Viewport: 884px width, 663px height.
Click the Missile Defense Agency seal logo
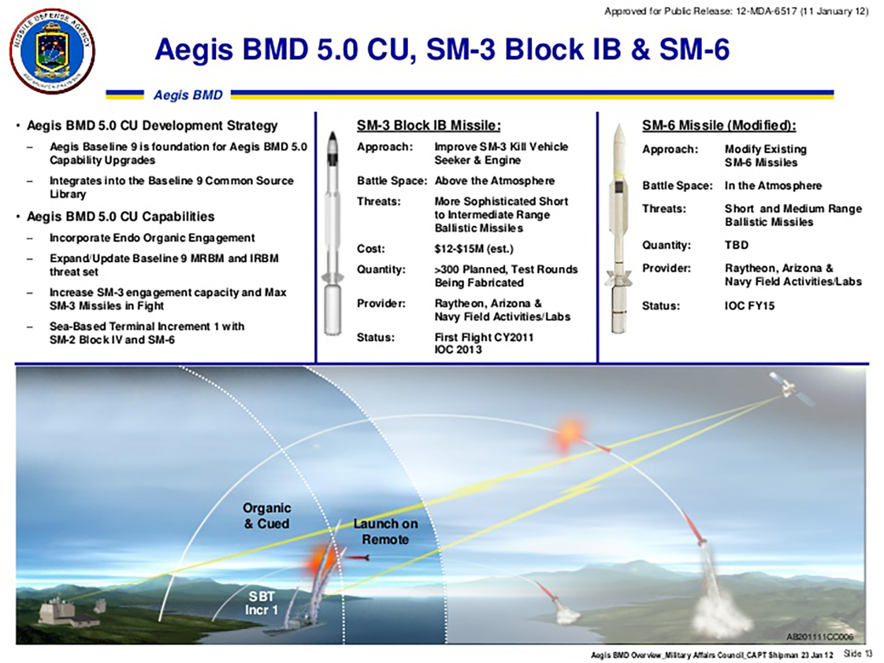coord(52,51)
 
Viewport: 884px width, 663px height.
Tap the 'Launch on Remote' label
coord(385,532)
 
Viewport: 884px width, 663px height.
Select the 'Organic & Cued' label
coord(266,516)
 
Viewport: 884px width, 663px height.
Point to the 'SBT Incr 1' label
coord(262,602)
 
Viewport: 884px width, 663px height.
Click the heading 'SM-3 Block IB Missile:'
coord(429,126)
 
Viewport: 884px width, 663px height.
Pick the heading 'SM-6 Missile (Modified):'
coord(719,126)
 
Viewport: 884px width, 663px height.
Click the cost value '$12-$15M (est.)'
coord(474,249)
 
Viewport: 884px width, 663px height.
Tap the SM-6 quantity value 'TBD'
coord(737,245)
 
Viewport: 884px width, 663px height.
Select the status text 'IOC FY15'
coord(750,306)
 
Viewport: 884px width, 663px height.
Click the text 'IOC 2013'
coord(458,349)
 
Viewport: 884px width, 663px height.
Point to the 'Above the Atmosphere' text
coord(494,181)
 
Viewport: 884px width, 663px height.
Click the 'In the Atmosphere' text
coord(773,186)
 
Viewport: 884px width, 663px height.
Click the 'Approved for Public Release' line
coord(736,11)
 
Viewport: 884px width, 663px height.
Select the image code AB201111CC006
coord(820,637)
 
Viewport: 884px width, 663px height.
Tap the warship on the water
coord(296,622)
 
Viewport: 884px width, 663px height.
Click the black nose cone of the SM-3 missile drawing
coord(333,141)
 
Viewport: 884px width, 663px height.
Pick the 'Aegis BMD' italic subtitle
coord(188,95)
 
